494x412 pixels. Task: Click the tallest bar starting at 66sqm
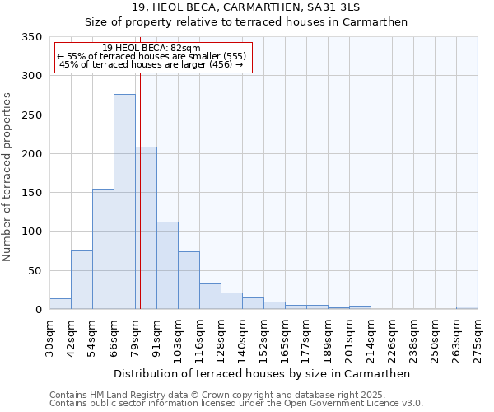[124, 202]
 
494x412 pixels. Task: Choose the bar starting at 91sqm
[167, 265]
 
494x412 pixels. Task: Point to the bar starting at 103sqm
[189, 280]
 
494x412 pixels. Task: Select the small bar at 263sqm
[467, 307]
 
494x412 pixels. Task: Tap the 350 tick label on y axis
[31, 37]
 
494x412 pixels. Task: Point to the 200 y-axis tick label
[31, 154]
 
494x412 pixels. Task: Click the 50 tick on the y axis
[34, 271]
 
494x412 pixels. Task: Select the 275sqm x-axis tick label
[478, 339]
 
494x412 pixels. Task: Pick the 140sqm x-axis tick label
[243, 339]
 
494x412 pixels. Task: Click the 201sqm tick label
[350, 339]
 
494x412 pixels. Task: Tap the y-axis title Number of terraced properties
[8, 177]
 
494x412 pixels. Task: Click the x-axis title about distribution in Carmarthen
[261, 373]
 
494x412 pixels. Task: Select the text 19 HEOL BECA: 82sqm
[152, 49]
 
